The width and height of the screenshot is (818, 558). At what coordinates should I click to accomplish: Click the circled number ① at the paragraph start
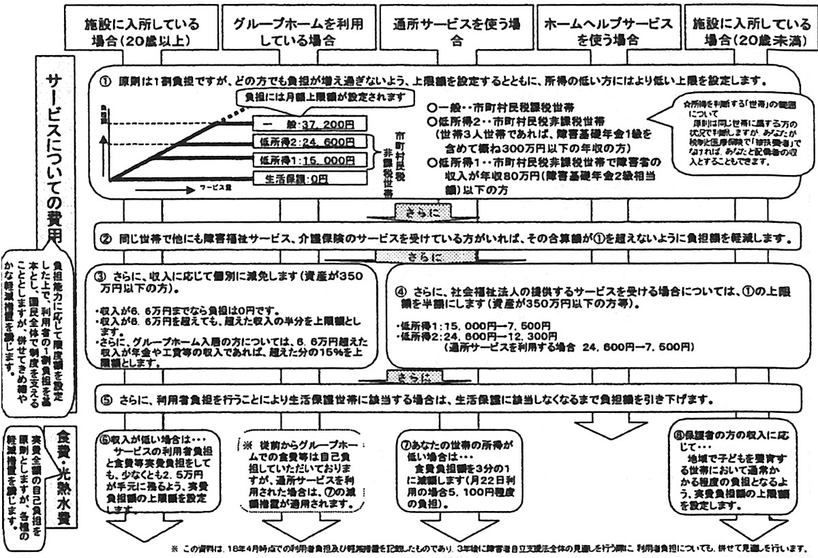point(105,80)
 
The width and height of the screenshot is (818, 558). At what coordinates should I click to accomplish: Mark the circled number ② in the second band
point(105,240)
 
